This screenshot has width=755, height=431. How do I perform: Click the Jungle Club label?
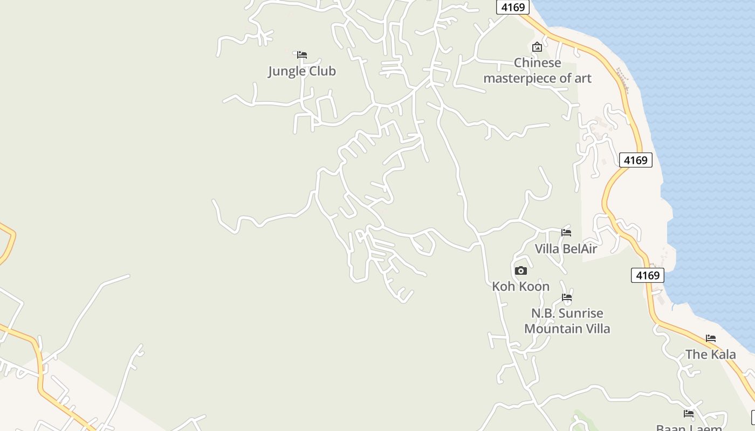click(302, 71)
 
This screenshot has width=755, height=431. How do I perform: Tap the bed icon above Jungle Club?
click(302, 54)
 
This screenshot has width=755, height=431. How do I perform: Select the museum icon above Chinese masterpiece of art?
click(537, 47)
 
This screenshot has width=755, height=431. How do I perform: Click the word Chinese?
click(538, 63)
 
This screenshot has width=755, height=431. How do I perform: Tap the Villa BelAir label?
click(566, 248)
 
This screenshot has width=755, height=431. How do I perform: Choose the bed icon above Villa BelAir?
click(566, 232)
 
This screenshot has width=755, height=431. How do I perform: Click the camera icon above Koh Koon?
click(520, 270)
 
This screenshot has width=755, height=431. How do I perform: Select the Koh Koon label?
click(520, 286)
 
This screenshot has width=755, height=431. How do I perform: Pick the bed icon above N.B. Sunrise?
click(566, 297)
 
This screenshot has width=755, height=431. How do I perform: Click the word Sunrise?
click(580, 313)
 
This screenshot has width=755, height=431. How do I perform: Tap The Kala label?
click(710, 354)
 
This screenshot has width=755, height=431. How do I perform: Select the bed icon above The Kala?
click(711, 338)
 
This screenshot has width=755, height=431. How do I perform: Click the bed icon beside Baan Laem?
click(689, 414)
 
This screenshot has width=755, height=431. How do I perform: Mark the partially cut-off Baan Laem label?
click(689, 428)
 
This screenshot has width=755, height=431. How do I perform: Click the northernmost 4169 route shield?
click(513, 7)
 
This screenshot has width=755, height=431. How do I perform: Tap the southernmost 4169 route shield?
click(647, 275)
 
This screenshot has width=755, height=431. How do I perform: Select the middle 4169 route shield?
click(635, 160)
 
